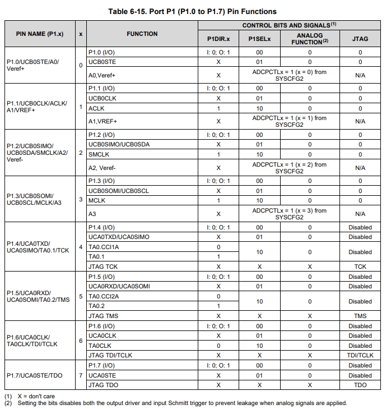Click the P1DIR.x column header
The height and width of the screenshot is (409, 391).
218,39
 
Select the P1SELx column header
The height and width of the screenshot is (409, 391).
259,39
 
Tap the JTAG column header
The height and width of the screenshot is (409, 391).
360,39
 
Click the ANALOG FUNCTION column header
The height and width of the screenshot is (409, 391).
309,39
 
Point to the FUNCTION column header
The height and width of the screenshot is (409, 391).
142,34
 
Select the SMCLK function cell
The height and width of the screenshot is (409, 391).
98,154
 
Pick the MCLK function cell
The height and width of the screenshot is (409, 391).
97,200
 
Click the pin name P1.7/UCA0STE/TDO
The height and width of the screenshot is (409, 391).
34,375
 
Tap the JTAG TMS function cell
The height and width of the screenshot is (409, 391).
103,316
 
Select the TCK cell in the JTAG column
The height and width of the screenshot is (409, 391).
360,266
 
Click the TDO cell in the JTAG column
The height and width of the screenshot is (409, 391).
360,385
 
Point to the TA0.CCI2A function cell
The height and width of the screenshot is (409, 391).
104,296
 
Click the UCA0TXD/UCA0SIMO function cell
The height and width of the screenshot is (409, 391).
119,237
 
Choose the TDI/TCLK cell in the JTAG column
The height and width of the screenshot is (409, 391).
360,355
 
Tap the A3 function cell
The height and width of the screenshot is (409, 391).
92,214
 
